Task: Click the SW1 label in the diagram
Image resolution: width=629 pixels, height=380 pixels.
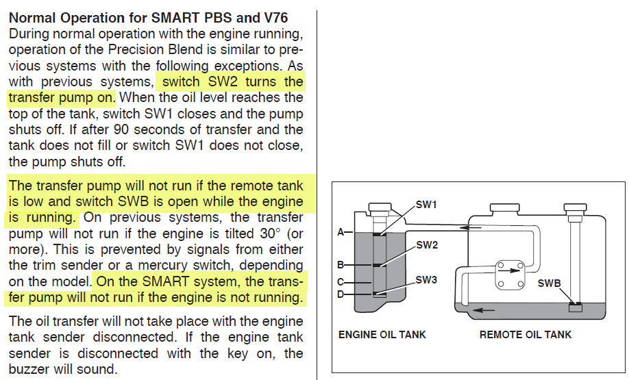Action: coord(426,204)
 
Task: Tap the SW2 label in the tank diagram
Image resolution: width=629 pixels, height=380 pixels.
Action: coord(427,245)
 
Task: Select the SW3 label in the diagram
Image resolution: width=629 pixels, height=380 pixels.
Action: coord(426,280)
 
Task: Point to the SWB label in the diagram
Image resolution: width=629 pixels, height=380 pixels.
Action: coord(550,282)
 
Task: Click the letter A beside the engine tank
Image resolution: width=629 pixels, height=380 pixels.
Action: coord(341,231)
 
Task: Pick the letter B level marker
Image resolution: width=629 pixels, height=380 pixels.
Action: coord(341,264)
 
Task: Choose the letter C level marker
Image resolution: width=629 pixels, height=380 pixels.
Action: coord(341,281)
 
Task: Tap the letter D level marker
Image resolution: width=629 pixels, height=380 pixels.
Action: coord(341,295)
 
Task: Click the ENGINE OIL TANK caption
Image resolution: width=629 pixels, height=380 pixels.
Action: coord(382,335)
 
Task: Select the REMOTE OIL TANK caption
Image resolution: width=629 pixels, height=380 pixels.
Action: coord(526,335)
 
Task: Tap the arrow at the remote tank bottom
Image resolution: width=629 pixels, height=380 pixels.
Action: coord(484,309)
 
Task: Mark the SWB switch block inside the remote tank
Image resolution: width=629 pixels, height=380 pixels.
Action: coord(576,307)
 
